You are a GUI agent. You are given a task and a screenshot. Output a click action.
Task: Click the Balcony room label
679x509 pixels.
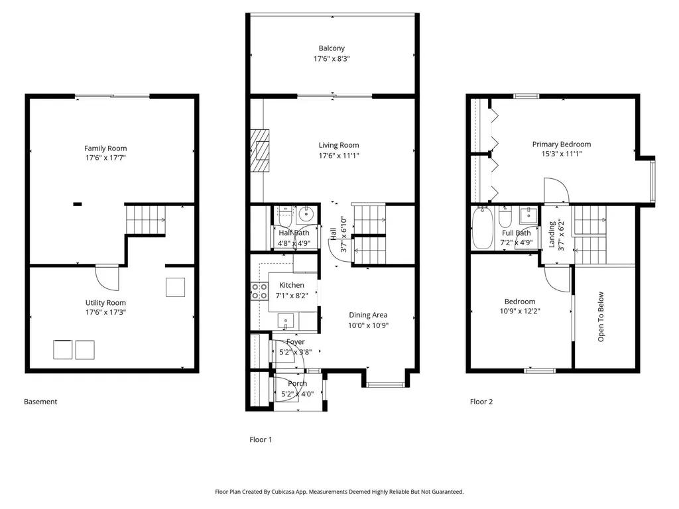coord(332,48)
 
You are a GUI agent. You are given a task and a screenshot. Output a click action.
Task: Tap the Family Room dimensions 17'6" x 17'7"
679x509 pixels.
coord(105,159)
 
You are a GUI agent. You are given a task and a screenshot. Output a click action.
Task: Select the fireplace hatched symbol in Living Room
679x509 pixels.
coord(261,150)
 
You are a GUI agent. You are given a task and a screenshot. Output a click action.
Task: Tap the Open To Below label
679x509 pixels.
coord(601,316)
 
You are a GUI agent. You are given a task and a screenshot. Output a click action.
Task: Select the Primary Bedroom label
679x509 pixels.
coord(561,144)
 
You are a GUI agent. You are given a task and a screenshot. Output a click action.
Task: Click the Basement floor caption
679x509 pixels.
coord(40,402)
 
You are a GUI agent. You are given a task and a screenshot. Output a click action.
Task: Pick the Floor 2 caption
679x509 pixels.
coord(481,402)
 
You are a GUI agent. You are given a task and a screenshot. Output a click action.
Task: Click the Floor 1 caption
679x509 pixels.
coord(261,439)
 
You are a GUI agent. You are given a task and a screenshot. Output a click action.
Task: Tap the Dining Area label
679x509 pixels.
coord(368,315)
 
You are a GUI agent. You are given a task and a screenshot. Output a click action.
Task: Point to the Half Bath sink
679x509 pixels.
coord(306,214)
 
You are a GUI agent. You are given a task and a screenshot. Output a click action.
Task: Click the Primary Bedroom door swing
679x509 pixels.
coord(556,192)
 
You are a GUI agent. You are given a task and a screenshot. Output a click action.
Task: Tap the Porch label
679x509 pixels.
coord(298,384)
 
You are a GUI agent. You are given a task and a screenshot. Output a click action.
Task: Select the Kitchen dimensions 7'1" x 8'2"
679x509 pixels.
coord(292,296)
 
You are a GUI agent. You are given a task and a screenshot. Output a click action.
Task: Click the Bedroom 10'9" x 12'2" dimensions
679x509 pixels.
coord(520,310)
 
